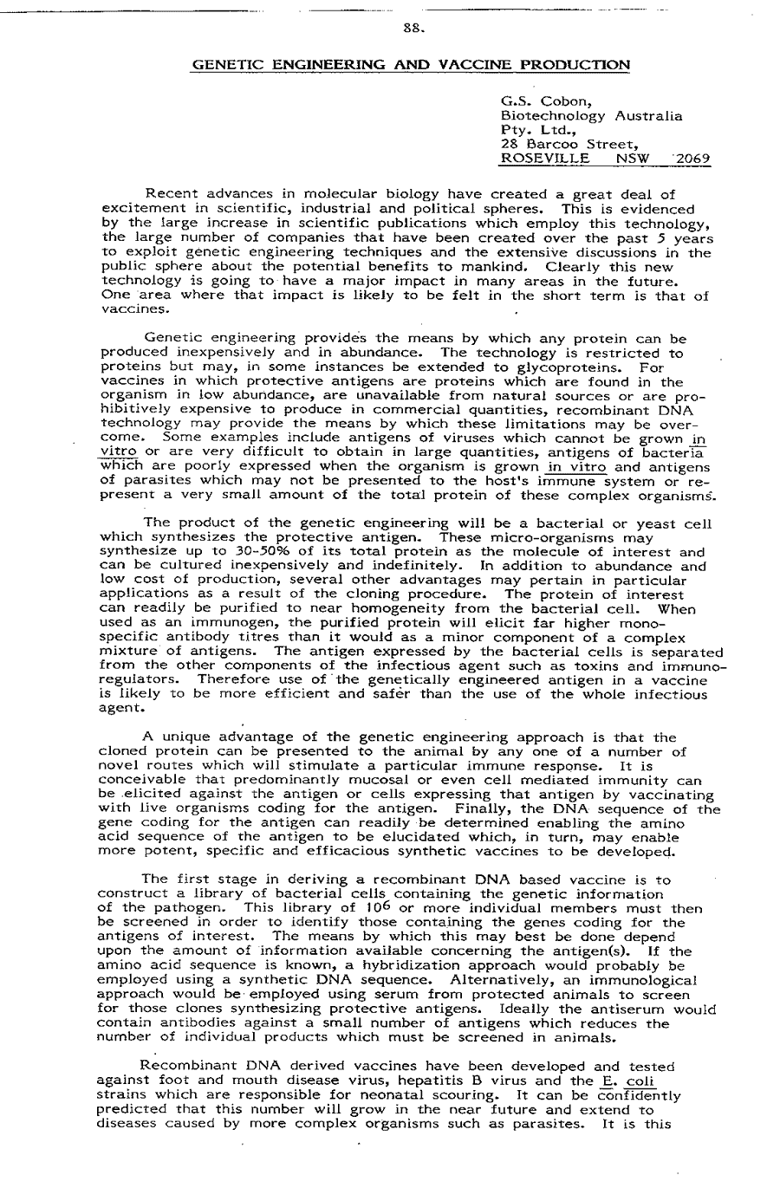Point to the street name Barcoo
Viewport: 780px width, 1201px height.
(x=551, y=144)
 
